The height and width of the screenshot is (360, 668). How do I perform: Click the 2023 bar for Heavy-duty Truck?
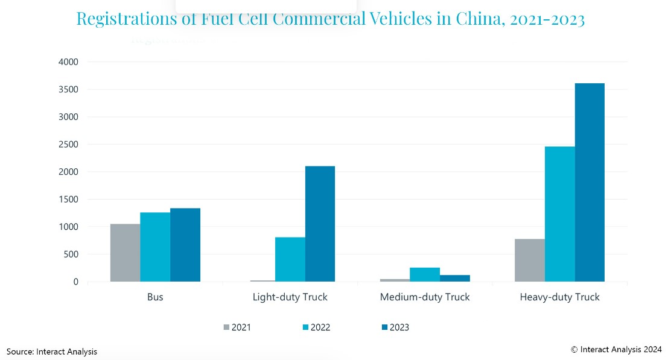tap(590, 182)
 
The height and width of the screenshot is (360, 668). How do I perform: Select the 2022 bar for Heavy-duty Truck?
tap(559, 214)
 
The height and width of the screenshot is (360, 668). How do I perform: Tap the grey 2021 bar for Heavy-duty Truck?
tap(529, 260)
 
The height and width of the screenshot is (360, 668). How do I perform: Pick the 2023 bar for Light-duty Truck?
tap(320, 224)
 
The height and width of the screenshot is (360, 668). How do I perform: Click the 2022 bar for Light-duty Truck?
tap(290, 259)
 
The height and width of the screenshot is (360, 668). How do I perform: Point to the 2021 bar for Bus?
tap(125, 253)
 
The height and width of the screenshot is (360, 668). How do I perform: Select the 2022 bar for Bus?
tap(155, 247)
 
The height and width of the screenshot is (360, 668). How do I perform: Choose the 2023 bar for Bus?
tap(185, 245)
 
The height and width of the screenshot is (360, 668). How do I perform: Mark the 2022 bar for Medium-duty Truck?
tap(425, 274)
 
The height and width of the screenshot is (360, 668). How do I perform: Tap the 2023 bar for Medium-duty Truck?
tap(455, 278)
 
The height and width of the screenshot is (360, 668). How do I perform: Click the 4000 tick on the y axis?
tap(68, 62)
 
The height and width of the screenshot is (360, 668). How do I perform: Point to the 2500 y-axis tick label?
tap(68, 145)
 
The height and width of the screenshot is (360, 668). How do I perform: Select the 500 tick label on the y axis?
tap(71, 254)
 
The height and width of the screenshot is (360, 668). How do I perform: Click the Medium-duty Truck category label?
tap(425, 297)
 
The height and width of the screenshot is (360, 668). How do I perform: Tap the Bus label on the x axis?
tap(155, 297)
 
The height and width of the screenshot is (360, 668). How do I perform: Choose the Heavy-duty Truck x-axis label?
tap(559, 297)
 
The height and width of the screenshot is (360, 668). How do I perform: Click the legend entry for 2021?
tap(237, 327)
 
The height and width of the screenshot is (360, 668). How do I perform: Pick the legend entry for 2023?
tap(395, 327)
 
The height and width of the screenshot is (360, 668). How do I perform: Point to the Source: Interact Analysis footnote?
tap(52, 352)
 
